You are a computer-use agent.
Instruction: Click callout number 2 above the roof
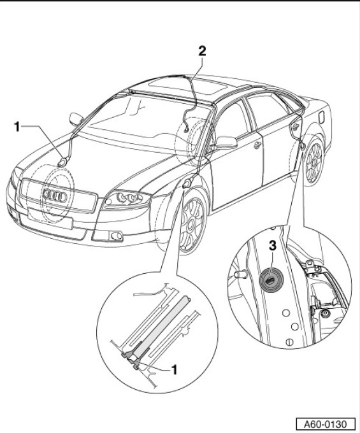click(x=202, y=51)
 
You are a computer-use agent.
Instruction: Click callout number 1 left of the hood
click(x=17, y=127)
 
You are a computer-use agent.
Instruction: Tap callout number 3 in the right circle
click(x=273, y=245)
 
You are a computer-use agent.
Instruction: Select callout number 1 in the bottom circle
click(x=174, y=369)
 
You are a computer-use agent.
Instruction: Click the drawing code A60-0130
click(x=326, y=424)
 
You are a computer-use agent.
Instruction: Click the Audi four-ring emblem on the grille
click(x=55, y=195)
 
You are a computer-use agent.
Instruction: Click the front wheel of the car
click(x=192, y=221)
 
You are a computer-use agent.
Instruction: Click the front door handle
click(x=257, y=145)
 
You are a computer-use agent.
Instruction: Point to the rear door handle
click(x=295, y=127)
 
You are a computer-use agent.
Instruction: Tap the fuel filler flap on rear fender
click(x=322, y=117)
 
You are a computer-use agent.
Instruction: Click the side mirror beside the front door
click(x=226, y=143)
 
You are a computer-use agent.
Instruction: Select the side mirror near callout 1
click(x=76, y=118)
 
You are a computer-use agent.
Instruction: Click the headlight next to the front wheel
click(x=127, y=199)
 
